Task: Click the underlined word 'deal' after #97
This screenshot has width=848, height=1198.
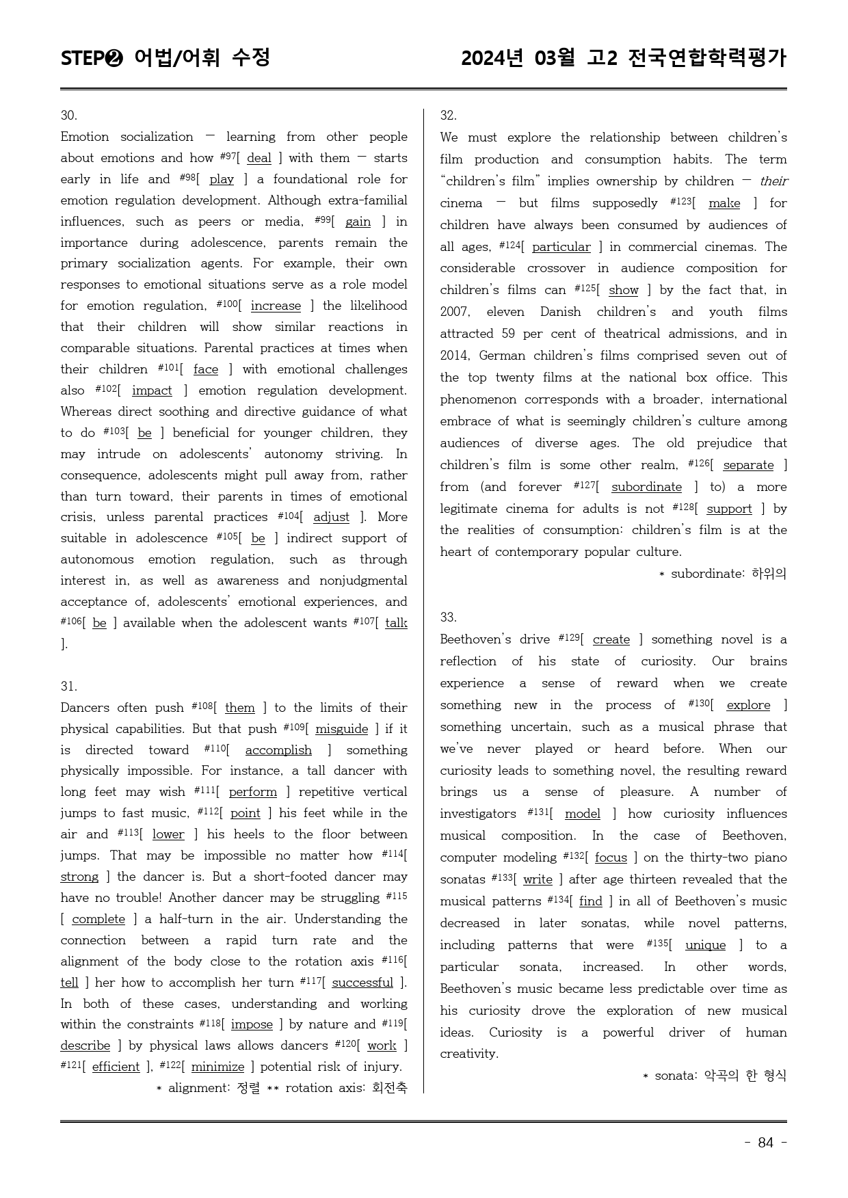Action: click(259, 158)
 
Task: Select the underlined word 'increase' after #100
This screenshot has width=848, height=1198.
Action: click(276, 306)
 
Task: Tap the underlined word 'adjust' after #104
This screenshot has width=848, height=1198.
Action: click(331, 517)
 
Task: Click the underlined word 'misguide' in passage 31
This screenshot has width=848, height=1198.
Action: click(341, 729)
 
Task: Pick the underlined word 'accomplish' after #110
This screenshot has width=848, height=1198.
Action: click(278, 750)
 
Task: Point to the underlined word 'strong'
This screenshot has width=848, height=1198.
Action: click(79, 877)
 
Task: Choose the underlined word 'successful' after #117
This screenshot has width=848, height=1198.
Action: click(362, 983)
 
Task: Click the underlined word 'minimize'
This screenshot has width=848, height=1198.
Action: click(217, 1067)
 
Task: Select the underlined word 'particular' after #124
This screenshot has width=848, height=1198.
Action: click(561, 247)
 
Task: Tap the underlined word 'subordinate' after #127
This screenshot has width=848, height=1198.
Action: click(646, 487)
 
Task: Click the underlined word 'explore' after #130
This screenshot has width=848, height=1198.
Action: click(748, 705)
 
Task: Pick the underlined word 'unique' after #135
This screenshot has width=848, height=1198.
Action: click(705, 945)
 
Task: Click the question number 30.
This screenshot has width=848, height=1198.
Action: click(69, 115)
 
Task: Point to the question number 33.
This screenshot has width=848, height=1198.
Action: click(449, 617)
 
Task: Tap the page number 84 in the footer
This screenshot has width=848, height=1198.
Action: click(765, 1143)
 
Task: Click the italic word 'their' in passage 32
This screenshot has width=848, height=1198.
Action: click(773, 181)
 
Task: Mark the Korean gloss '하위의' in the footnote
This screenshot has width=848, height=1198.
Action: click(769, 574)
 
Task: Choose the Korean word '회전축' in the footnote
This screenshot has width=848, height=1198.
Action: click(389, 1088)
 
